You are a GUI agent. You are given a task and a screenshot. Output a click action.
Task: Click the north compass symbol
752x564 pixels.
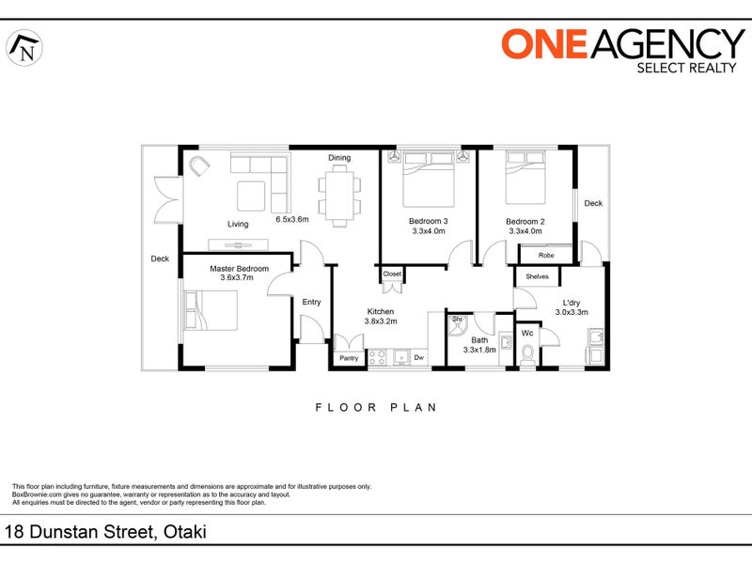click(x=24, y=48)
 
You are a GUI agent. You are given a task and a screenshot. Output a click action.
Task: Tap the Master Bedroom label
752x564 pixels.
click(x=239, y=269)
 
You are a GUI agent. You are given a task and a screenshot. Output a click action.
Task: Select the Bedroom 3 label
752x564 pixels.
click(x=429, y=221)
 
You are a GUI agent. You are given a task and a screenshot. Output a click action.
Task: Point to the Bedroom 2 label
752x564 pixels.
click(x=525, y=222)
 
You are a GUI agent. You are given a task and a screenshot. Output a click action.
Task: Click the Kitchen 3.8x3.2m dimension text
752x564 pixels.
click(x=381, y=321)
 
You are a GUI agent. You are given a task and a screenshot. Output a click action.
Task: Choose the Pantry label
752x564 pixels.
click(x=349, y=358)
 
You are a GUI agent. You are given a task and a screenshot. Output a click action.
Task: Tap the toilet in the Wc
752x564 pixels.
click(x=527, y=354)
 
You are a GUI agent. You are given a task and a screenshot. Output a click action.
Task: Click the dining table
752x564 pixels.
click(x=339, y=196)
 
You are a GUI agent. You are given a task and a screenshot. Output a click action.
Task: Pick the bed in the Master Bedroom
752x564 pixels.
click(x=211, y=310)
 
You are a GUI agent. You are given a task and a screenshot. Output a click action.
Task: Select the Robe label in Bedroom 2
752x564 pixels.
click(x=546, y=255)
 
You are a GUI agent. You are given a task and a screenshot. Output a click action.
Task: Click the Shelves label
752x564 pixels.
click(x=537, y=276)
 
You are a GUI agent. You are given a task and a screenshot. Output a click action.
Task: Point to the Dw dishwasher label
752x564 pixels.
click(x=418, y=357)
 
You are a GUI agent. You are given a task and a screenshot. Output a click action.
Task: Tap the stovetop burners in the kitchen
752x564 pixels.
click(x=378, y=358)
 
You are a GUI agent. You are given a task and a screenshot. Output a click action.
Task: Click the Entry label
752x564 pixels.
click(x=311, y=302)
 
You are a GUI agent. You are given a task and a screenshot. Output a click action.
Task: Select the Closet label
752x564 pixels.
click(x=392, y=274)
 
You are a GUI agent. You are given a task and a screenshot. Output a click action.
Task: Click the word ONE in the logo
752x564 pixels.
click(x=544, y=43)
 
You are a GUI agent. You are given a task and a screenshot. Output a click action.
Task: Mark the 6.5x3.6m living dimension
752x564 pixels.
click(x=292, y=220)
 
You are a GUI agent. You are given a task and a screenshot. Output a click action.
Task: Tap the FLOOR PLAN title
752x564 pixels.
click(x=376, y=408)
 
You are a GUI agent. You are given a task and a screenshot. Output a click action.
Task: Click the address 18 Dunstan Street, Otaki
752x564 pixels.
click(x=105, y=532)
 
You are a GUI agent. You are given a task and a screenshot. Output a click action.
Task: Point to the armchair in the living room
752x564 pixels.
click(x=199, y=166)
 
